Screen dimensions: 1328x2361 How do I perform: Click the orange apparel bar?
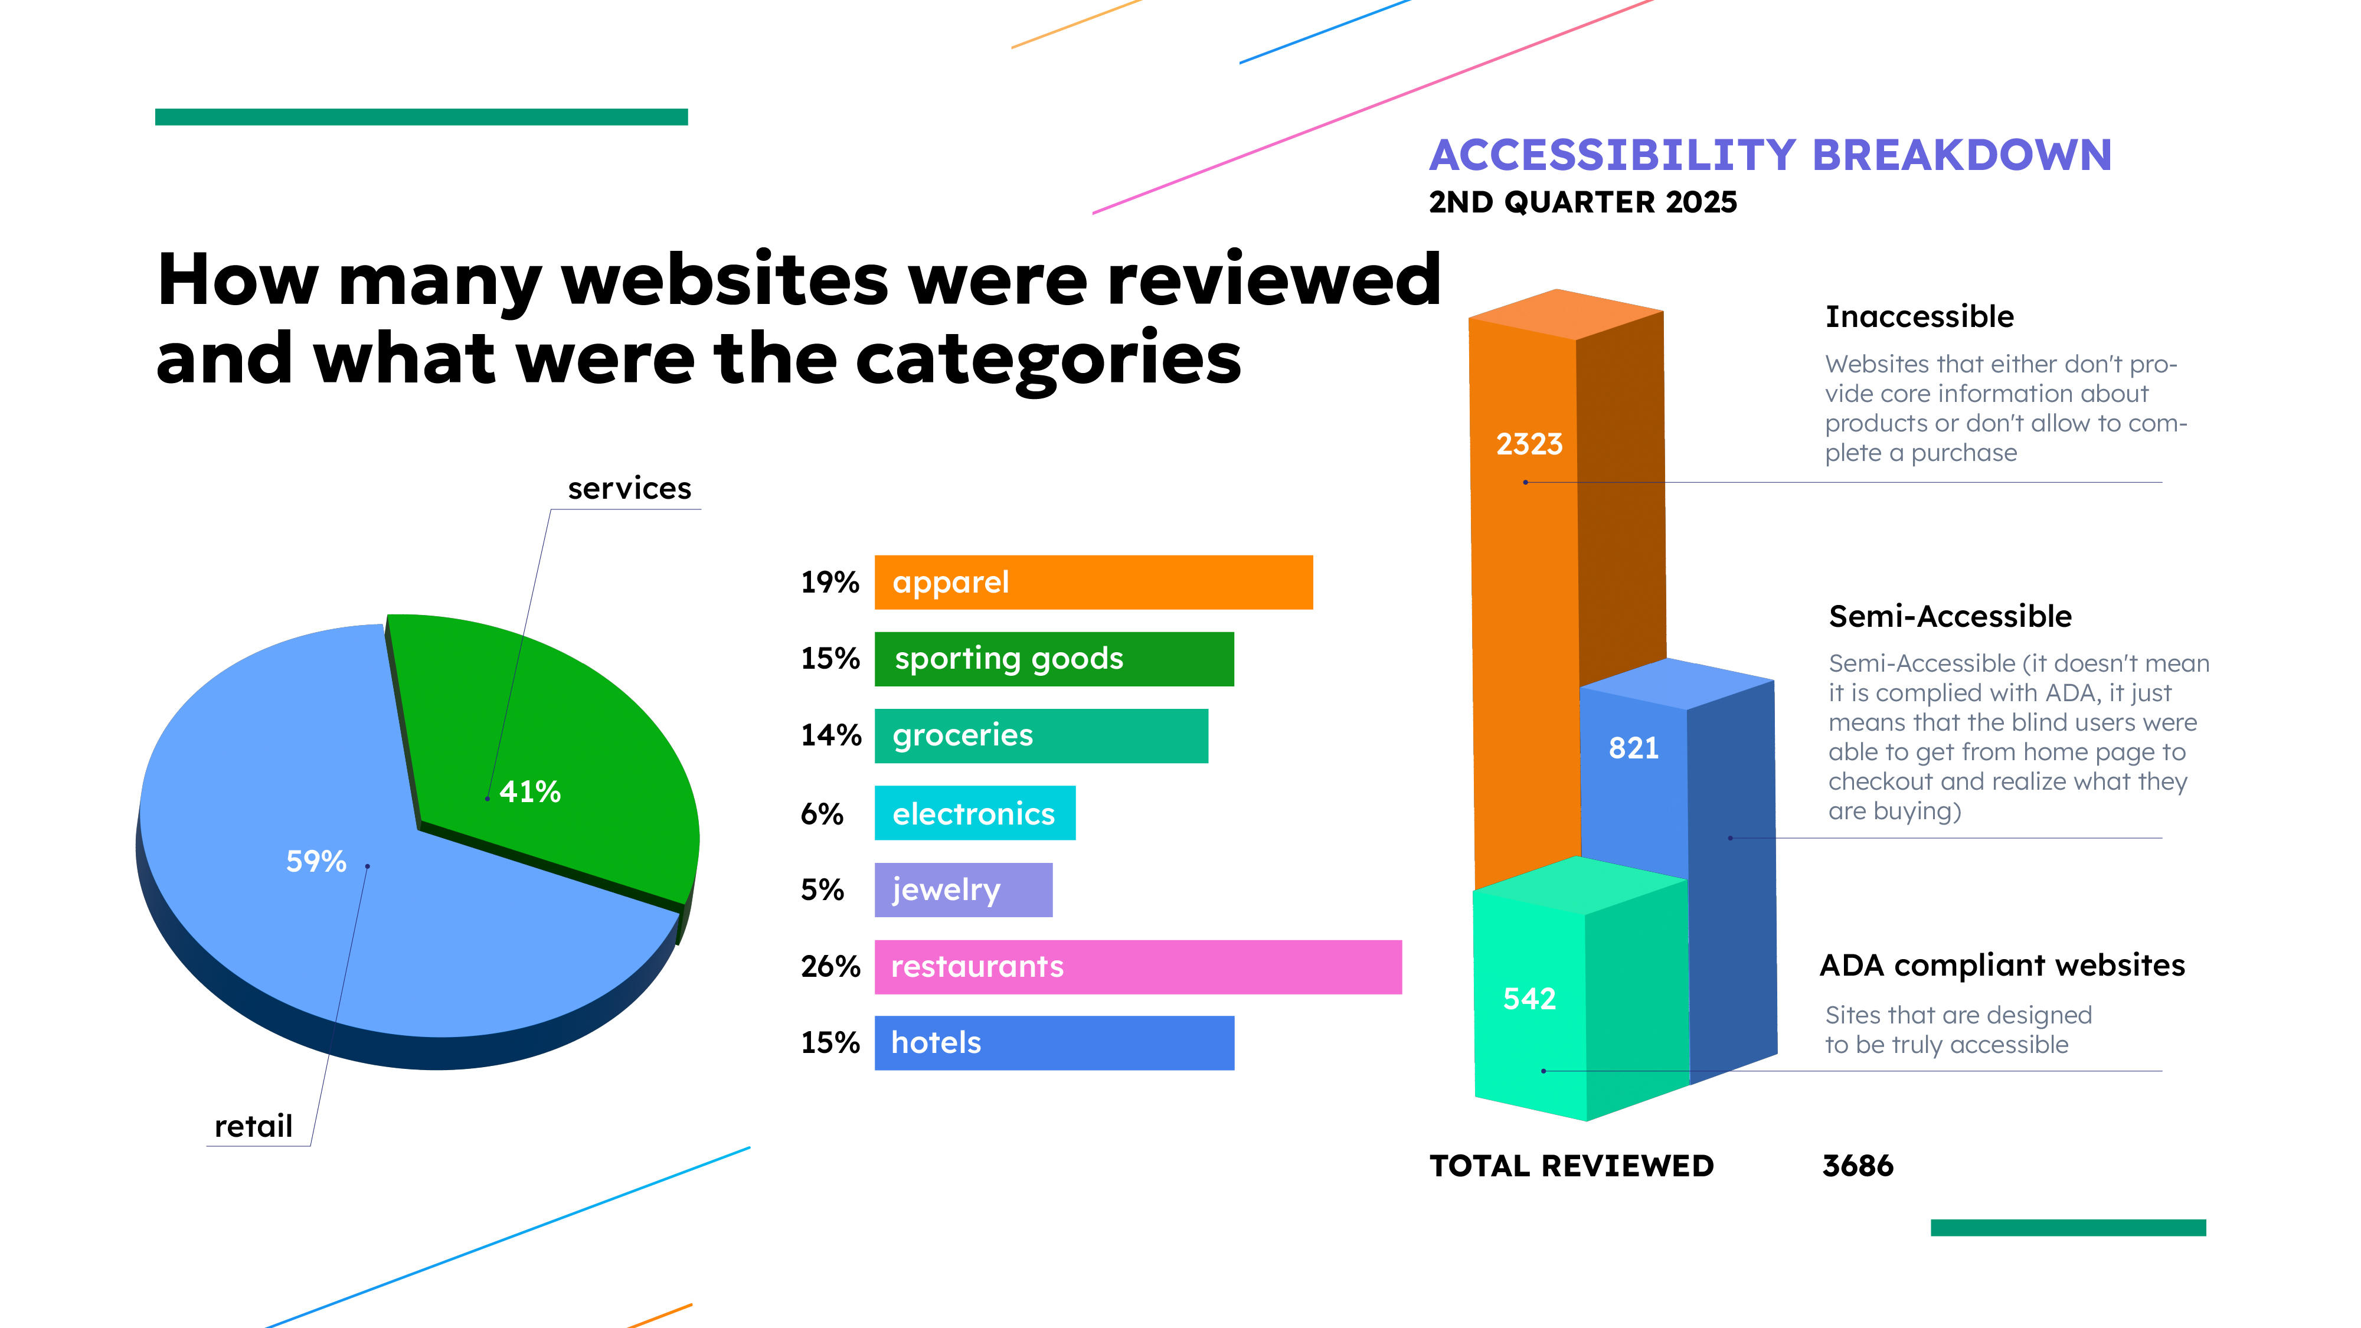(x=1093, y=582)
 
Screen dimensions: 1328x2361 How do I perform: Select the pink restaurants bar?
(x=1137, y=967)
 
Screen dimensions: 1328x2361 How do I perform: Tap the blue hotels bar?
(x=1054, y=1043)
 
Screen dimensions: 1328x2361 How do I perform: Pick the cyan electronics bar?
(x=975, y=813)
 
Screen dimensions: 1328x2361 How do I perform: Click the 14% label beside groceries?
(x=830, y=735)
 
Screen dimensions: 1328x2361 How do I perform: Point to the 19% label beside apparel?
(x=829, y=582)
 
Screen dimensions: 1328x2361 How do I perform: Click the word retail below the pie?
(x=253, y=1126)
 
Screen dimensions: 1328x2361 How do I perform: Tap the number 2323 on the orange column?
(x=1529, y=444)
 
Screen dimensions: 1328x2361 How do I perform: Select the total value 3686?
(x=1857, y=1166)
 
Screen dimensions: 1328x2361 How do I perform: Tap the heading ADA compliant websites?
(x=2002, y=965)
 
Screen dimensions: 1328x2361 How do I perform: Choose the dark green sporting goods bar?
(x=1054, y=659)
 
